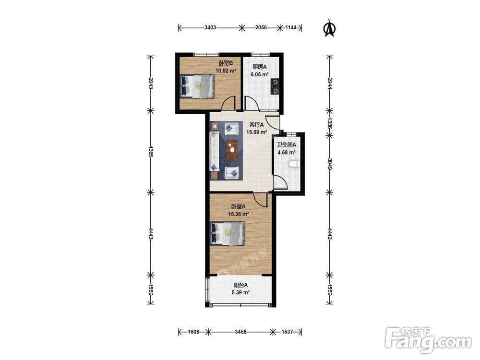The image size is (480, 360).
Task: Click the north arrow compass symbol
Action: pos(330,28)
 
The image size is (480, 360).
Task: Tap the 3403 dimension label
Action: pos(210,27)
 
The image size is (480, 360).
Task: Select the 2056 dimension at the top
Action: pos(261,27)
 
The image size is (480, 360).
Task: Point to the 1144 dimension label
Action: pos(291,27)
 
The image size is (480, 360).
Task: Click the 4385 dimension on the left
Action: pos(150,151)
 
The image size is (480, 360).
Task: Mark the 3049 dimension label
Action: pos(329,164)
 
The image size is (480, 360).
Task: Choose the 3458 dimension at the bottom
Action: pos(240,332)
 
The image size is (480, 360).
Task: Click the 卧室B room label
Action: pos(226,63)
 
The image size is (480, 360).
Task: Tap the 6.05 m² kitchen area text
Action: pos(260,74)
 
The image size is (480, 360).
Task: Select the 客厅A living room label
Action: pos(256,125)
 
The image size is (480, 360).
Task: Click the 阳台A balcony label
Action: pos(240,285)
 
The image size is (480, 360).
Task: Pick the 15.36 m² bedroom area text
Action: pos(238,214)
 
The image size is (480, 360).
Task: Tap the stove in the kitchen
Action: pos(275,86)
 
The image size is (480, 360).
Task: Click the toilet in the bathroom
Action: pos(294,165)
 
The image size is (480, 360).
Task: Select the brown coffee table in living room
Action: pos(232,150)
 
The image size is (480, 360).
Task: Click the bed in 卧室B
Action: pos(197,86)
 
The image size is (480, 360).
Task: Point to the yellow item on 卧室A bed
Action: pos(228,233)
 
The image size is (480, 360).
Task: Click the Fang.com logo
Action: pos(428,340)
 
